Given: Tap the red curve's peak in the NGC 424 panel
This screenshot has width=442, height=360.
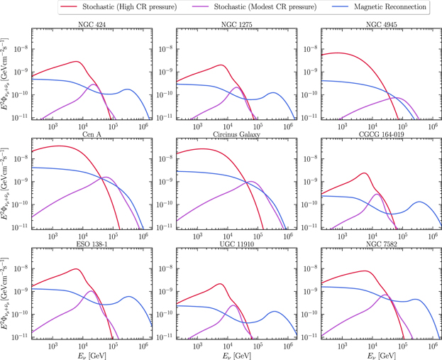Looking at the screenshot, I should [x=77, y=62].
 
